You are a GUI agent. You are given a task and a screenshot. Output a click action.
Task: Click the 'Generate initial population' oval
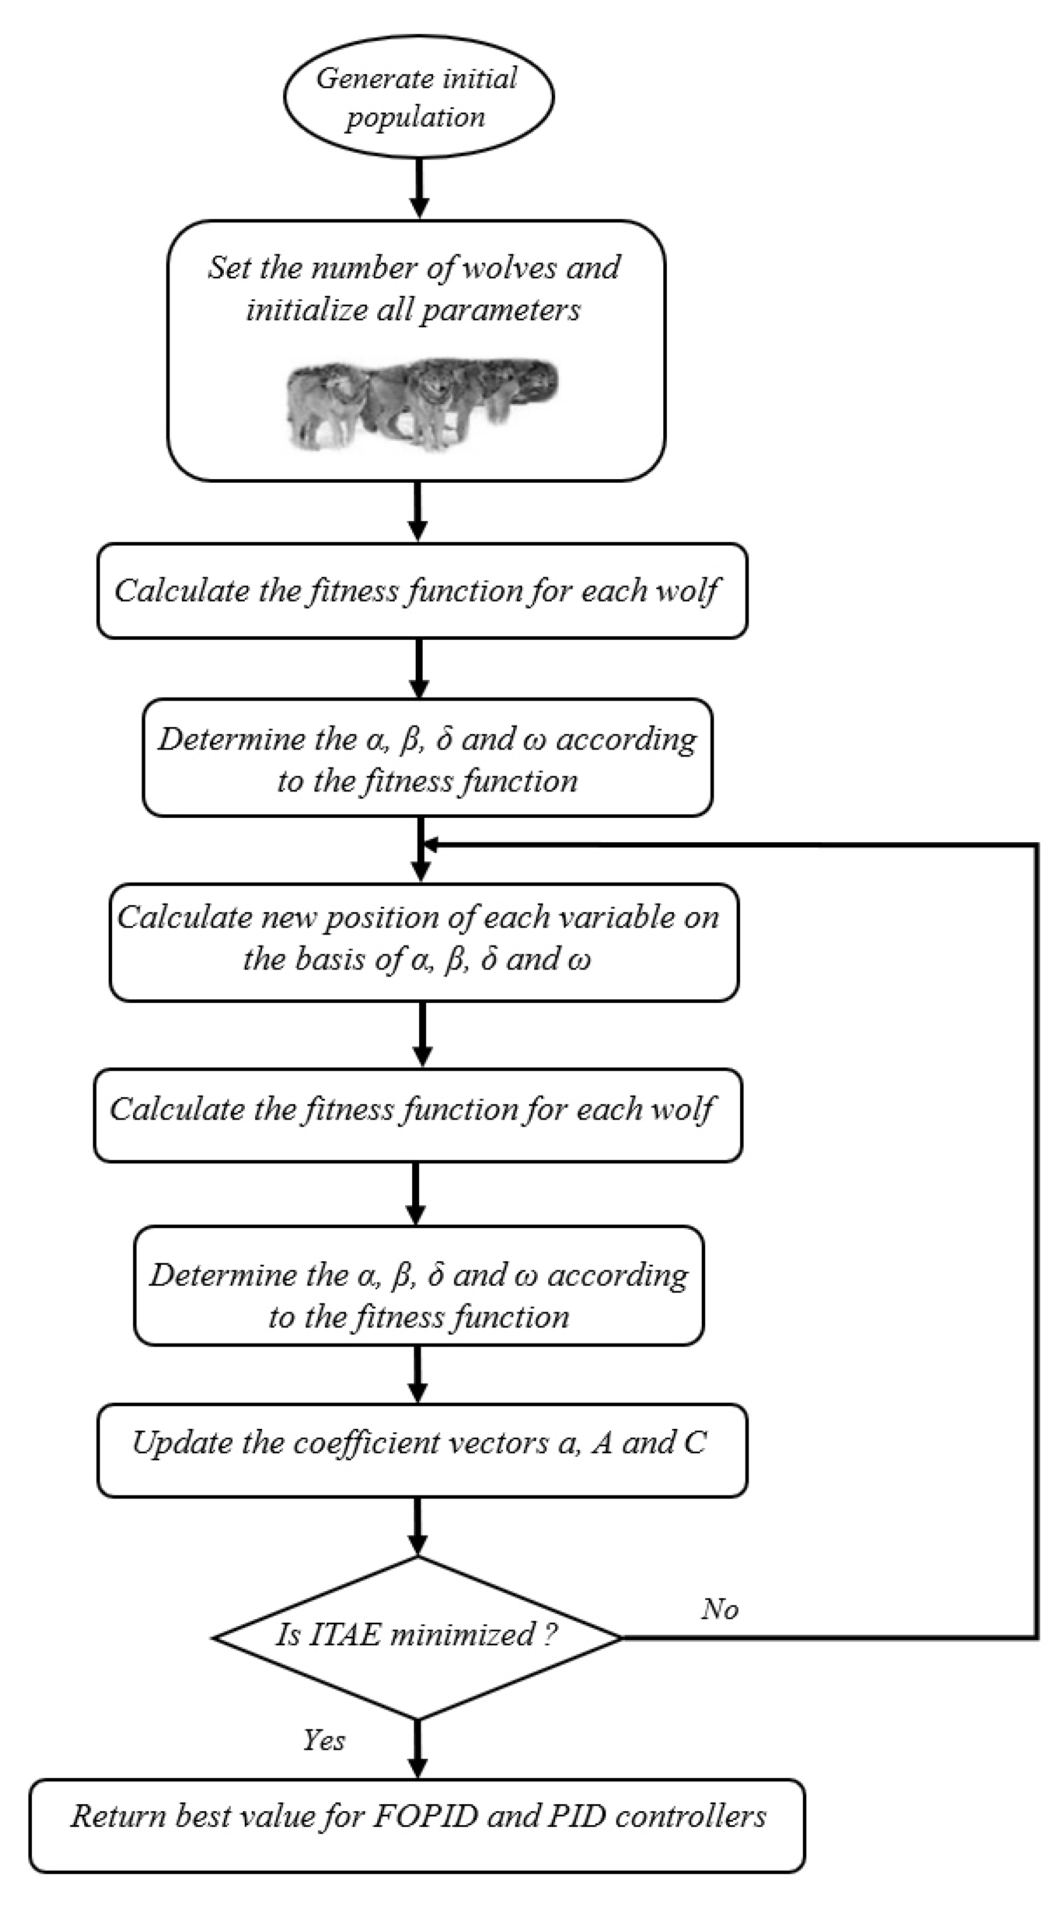pos(418,96)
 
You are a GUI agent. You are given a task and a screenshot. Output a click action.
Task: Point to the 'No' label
pos(719,1608)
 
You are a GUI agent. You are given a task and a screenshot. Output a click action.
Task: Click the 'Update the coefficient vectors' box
pos(422,1450)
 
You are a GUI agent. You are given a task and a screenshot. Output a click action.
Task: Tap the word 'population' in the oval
pos(416,117)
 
